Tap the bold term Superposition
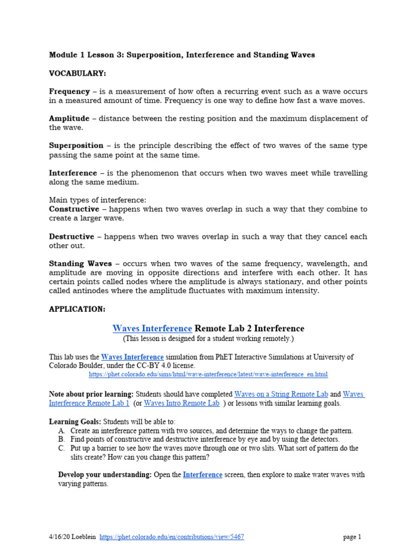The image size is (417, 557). pos(76,146)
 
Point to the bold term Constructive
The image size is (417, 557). pos(74,209)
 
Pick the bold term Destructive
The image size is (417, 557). pos(71,237)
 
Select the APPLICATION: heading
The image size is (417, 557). pos(77,309)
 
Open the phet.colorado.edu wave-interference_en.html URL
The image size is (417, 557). pos(208,375)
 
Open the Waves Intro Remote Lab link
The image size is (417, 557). pos(182,403)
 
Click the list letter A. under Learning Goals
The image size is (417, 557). pos(61,431)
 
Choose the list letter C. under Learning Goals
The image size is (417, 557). pos(61,449)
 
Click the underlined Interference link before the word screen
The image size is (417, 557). pos(203,475)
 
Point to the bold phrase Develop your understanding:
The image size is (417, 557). pos(105,475)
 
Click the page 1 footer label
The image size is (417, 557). pos(352,537)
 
